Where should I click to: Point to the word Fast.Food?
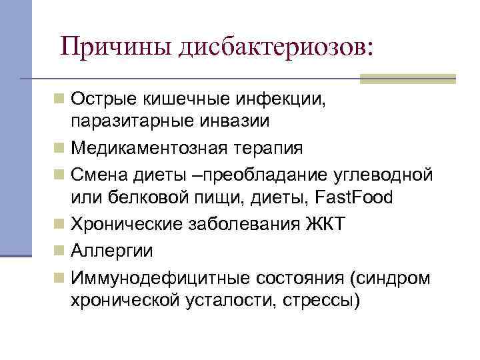355,198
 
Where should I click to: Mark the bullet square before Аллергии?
60,250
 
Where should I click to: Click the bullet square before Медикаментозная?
60,147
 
